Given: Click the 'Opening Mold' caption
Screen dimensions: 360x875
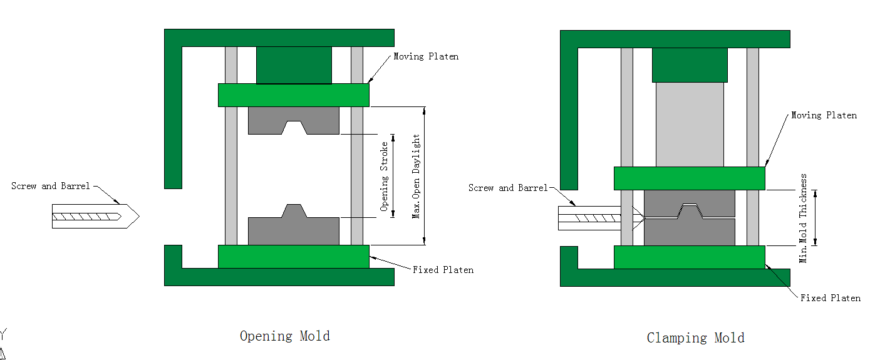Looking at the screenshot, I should pos(284,336).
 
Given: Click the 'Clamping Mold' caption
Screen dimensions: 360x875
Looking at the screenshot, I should pos(695,338).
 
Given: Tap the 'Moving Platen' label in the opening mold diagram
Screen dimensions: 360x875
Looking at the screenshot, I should pos(426,57).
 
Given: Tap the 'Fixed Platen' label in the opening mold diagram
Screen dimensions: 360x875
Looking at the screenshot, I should pos(443,270).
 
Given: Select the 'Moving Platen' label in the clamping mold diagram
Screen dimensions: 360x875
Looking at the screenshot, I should pos(824,115).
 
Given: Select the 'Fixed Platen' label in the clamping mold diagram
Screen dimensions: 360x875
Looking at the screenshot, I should pos(830,298).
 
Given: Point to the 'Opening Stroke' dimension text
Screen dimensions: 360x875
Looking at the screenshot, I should pos(385,176).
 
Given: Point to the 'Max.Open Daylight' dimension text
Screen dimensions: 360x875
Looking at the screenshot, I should pos(416,176).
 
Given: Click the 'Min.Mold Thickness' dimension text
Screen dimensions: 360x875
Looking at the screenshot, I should pos(804,218).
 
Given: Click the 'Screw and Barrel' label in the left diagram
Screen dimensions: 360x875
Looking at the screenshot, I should pos(51,186).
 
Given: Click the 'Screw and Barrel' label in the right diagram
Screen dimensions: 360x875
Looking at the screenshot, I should pos(508,188).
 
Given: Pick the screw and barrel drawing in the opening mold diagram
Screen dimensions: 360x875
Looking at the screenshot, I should pos(94,216).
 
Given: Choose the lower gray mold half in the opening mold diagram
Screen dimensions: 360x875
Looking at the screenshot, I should pos(293,230).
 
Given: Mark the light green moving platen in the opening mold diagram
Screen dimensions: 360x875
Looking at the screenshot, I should pos(293,95).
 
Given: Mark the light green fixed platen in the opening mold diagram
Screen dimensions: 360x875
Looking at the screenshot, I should pos(293,256).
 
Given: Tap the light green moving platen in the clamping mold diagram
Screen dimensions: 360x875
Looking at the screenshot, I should pos(689,178).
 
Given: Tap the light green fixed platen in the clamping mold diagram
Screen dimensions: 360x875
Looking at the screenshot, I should pos(689,257).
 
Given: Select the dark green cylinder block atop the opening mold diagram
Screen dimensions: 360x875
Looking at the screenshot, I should pos(294,64).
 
